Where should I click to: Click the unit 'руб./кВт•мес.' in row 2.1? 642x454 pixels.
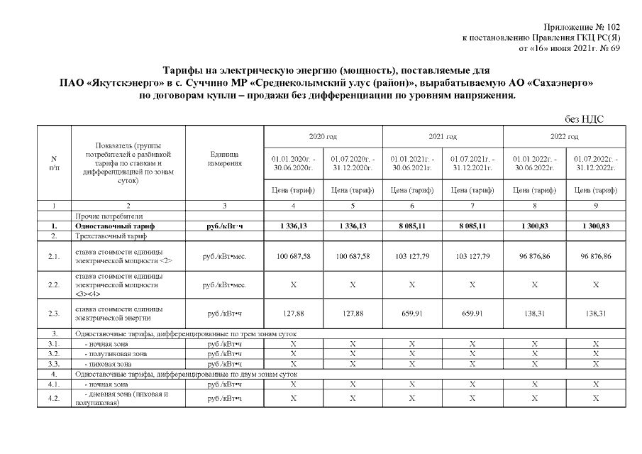pos(224,255)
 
